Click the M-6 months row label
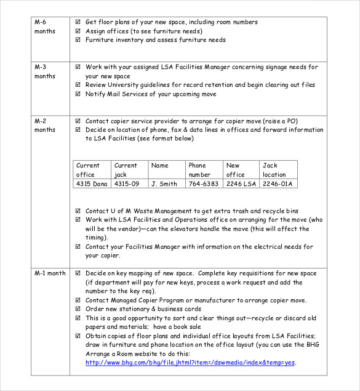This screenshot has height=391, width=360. point(45,26)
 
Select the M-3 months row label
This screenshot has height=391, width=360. point(45,71)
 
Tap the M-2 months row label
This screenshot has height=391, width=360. point(45,126)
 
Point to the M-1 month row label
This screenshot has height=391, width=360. point(50,273)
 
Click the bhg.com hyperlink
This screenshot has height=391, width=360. point(190,363)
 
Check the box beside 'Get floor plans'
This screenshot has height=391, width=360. point(78,22)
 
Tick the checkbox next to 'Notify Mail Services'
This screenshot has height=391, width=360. point(78,94)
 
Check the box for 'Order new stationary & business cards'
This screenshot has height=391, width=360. point(78,309)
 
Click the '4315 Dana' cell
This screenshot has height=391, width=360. point(91,183)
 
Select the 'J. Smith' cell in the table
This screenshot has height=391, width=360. point(164,183)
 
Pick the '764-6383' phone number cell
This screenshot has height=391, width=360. point(203,183)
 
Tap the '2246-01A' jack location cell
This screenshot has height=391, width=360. point(278,183)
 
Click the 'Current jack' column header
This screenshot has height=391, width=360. point(126,169)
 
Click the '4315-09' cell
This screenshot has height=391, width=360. point(127,183)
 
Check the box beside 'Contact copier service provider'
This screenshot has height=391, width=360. point(78,121)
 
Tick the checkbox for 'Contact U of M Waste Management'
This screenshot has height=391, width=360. point(78,211)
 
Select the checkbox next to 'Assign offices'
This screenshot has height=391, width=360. point(78,31)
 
